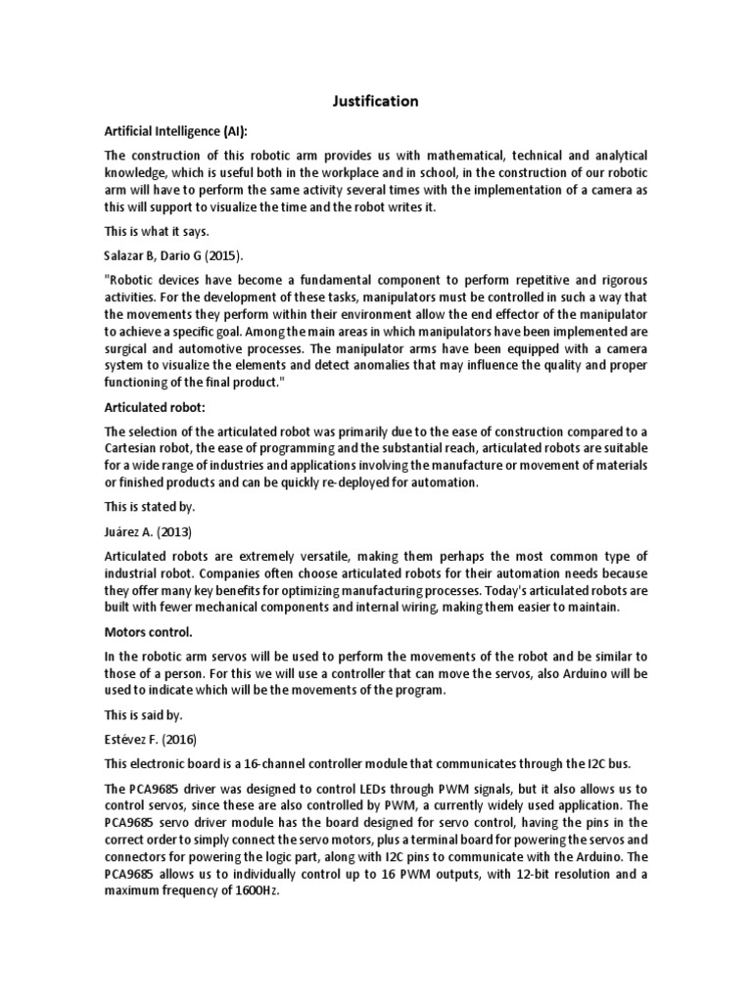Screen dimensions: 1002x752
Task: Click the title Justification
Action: (x=376, y=101)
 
